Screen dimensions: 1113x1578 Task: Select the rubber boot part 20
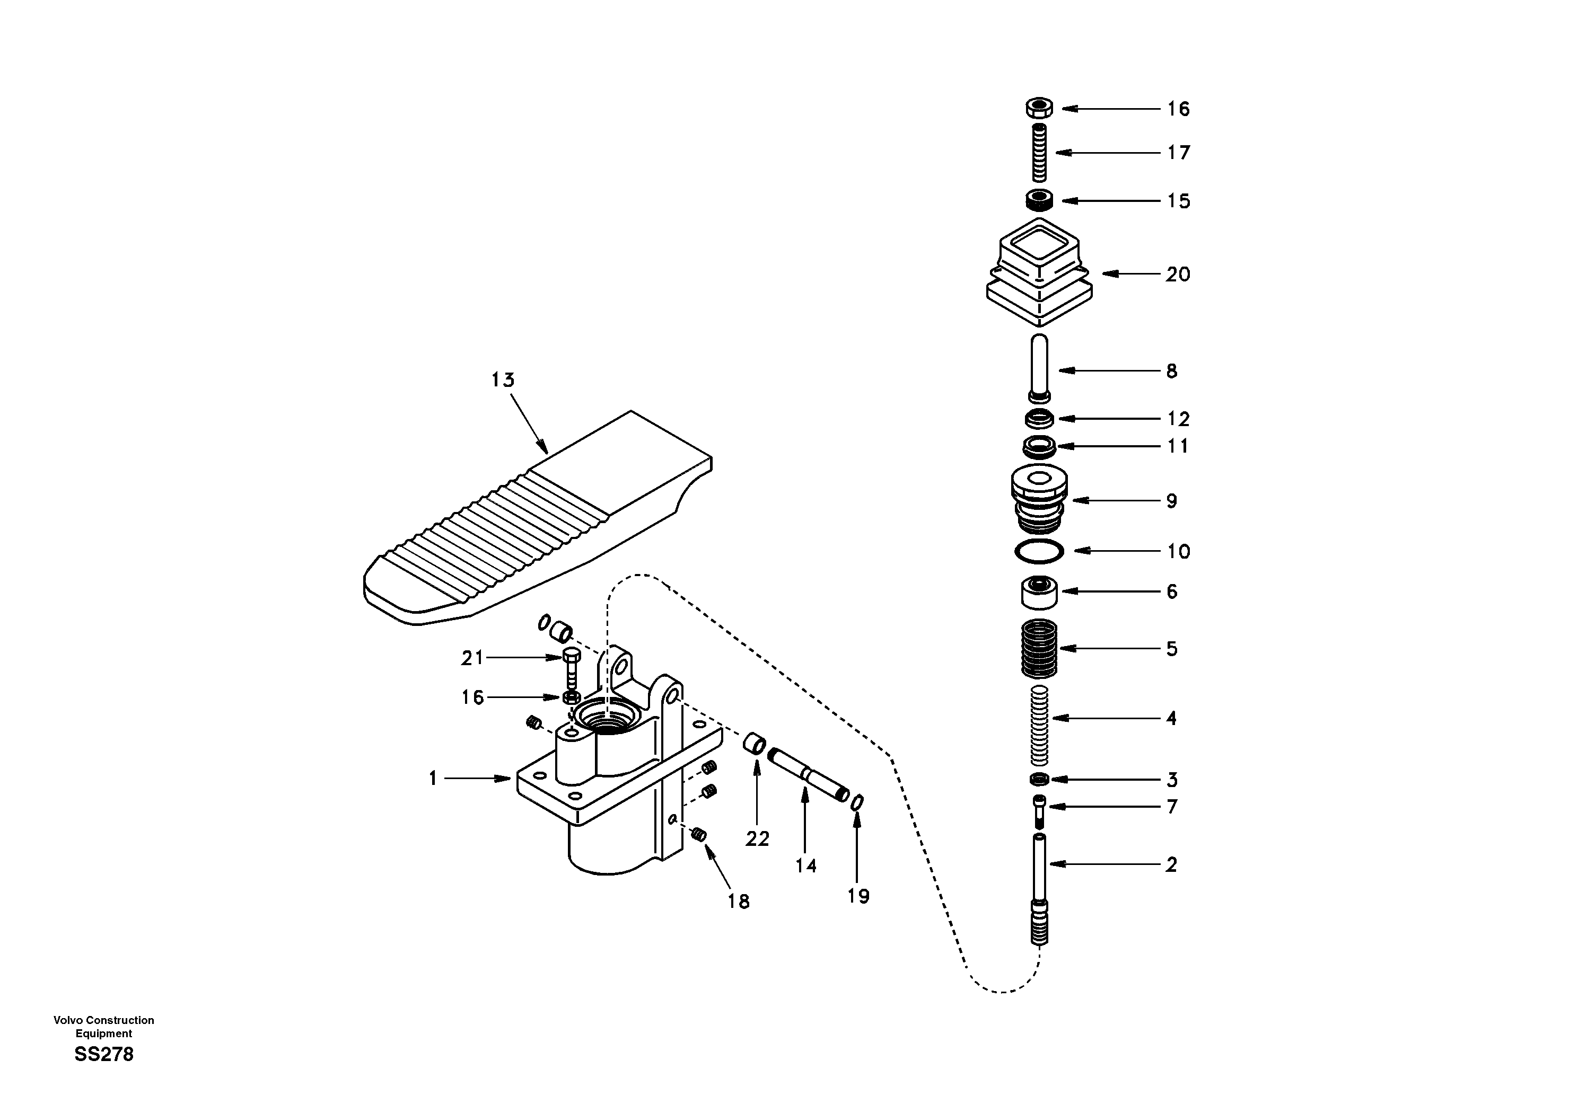pos(1039,275)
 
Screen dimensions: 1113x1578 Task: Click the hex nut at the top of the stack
pos(1039,108)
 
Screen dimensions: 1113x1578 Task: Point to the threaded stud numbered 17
pos(1039,153)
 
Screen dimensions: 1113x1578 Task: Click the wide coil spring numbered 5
pos(1039,648)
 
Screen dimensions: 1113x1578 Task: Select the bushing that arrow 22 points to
pos(755,744)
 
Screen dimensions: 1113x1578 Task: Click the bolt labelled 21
pos(572,661)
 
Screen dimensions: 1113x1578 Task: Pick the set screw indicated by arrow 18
pos(699,835)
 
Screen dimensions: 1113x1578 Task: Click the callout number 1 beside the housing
pos(433,779)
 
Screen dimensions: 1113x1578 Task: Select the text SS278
pos(104,1054)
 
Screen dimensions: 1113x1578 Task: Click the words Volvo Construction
pos(104,1020)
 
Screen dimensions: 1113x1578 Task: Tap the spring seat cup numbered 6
pos(1039,592)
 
